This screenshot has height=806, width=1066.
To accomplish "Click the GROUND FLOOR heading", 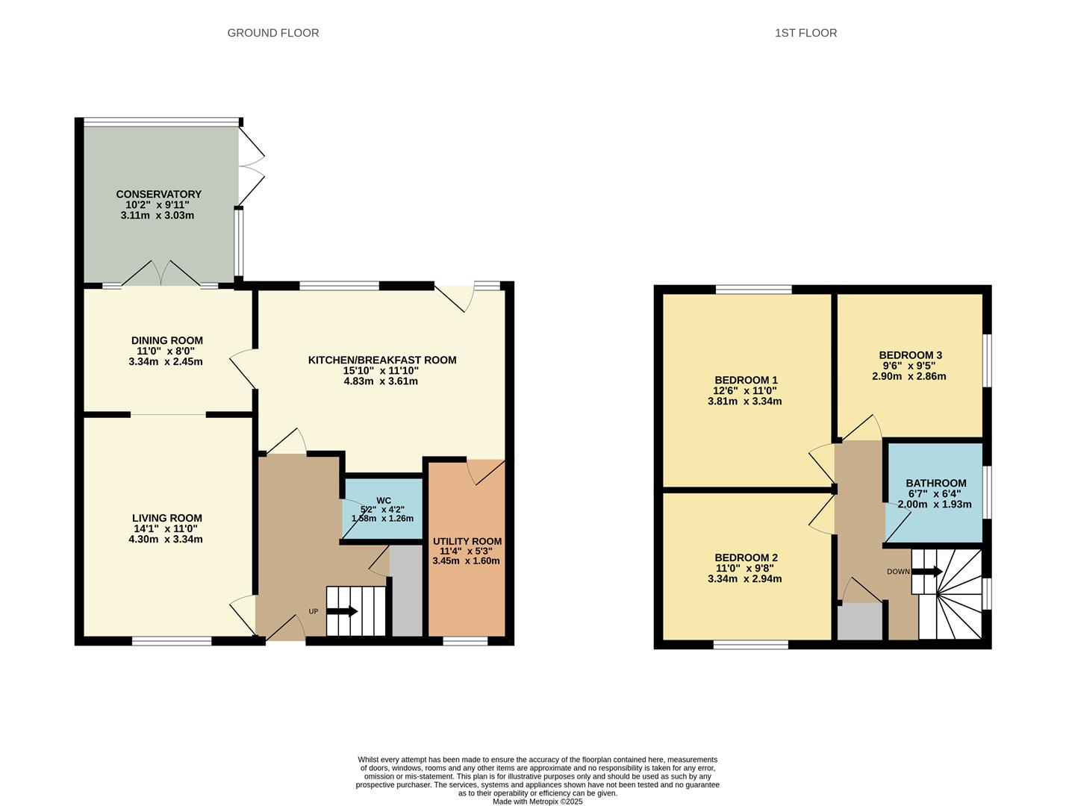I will (x=272, y=33).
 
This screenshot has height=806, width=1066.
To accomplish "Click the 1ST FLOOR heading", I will (x=805, y=33).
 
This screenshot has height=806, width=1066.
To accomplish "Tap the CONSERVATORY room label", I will (x=158, y=194).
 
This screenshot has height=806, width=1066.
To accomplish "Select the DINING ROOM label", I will (x=166, y=340).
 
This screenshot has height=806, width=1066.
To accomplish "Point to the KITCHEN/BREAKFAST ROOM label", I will (x=381, y=360).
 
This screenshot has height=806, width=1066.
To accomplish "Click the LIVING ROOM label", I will (x=166, y=518).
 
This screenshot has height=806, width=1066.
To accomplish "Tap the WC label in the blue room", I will (x=383, y=501).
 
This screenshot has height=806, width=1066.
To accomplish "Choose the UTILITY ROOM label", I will (x=467, y=541).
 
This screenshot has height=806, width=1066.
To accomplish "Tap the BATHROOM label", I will (x=935, y=483).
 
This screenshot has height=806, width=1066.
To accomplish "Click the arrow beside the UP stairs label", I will (x=343, y=611).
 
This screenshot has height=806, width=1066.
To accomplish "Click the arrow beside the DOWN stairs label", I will (x=927, y=572).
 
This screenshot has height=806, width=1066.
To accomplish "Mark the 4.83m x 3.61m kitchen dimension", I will (x=381, y=381).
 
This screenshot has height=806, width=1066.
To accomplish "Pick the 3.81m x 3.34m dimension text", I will (x=745, y=402).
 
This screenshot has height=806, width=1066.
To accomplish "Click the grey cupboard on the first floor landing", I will (x=859, y=622).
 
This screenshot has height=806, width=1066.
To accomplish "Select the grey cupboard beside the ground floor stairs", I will (x=407, y=591).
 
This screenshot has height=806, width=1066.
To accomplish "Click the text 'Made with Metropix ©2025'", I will (x=537, y=802).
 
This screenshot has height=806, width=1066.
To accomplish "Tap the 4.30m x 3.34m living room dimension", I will (x=166, y=540).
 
